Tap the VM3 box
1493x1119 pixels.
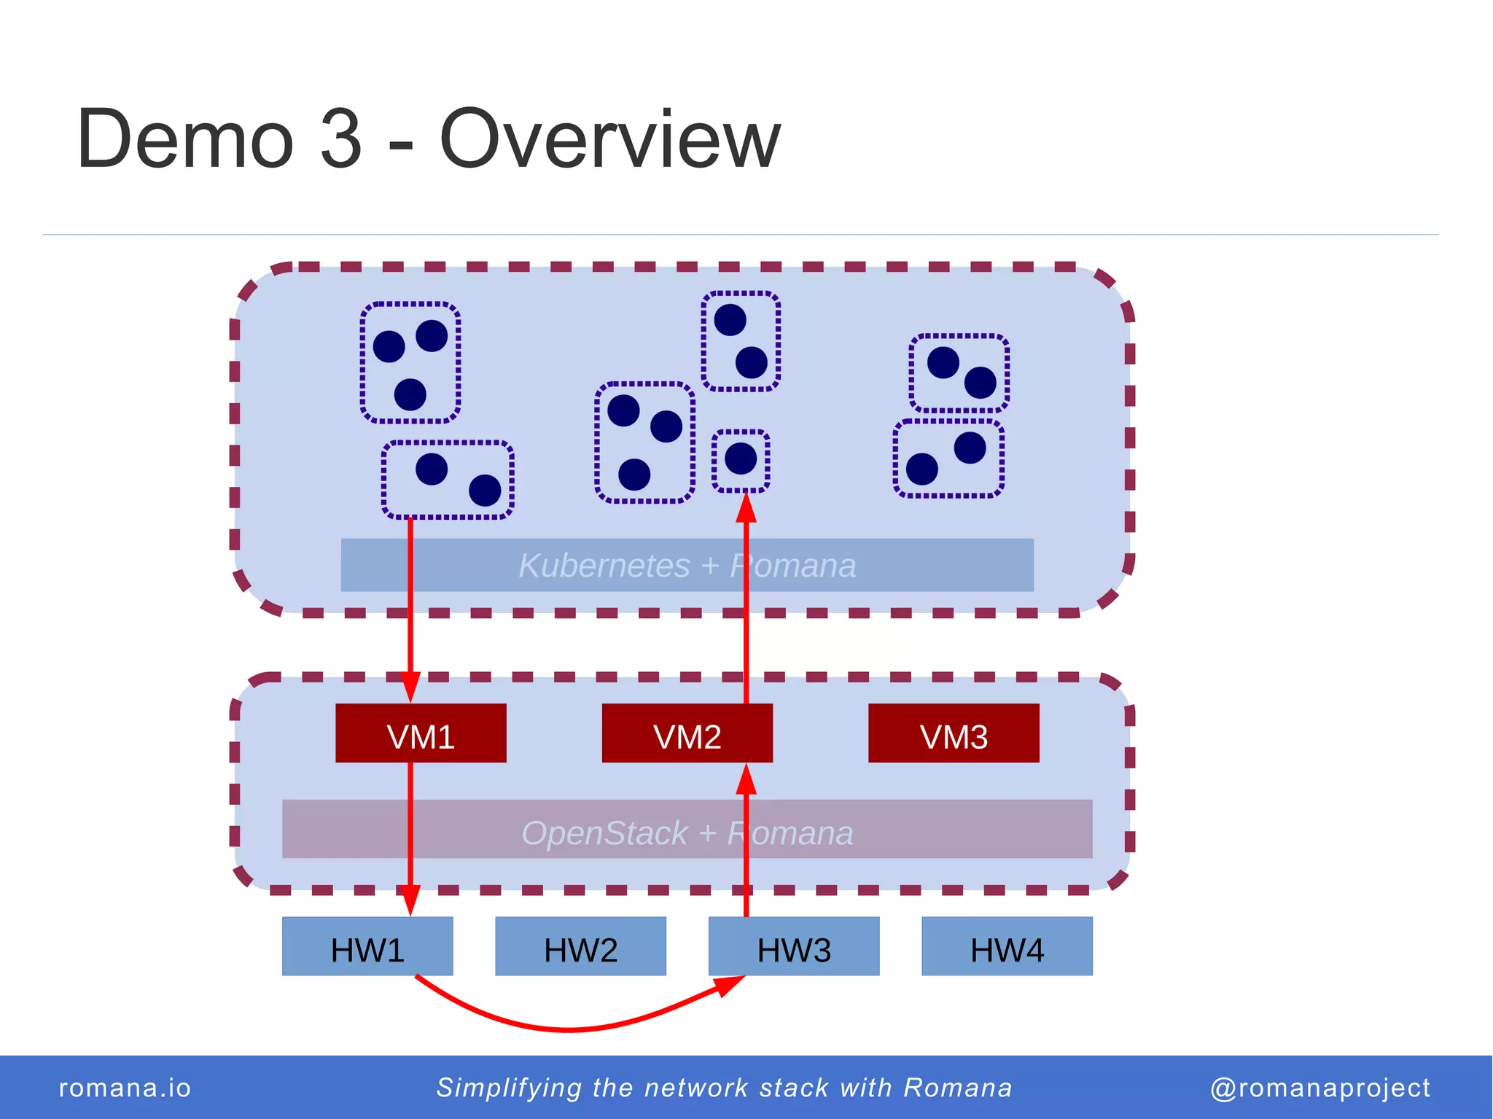(x=954, y=733)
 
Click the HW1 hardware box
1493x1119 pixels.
(x=367, y=946)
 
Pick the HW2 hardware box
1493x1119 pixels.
(x=580, y=946)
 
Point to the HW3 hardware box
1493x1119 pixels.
(x=794, y=946)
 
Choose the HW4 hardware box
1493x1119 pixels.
(x=1007, y=946)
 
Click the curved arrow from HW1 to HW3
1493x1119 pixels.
(x=569, y=1029)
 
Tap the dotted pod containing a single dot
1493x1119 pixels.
(x=741, y=460)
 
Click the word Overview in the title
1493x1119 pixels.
(x=609, y=139)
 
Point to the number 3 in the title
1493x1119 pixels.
(x=340, y=139)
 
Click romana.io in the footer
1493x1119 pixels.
(x=125, y=1088)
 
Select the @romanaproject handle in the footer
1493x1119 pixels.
(x=1319, y=1088)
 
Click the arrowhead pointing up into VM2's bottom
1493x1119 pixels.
(x=746, y=779)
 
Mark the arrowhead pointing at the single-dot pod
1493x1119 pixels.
(x=746, y=507)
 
